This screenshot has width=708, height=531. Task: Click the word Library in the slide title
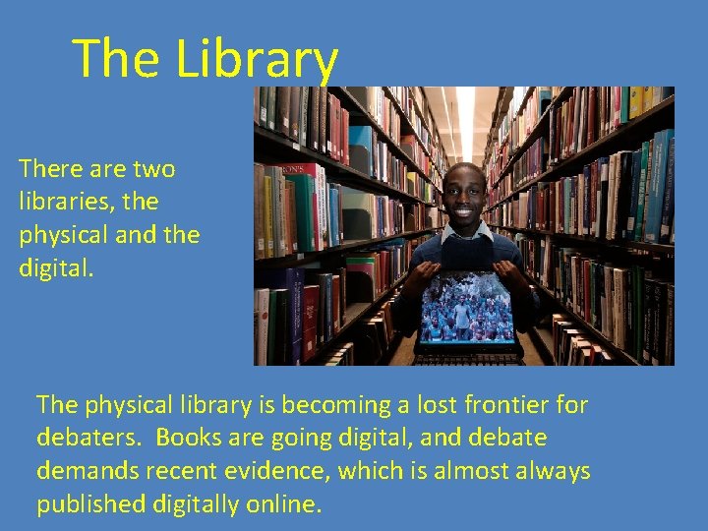point(257,59)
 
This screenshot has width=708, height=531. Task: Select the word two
point(151,169)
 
